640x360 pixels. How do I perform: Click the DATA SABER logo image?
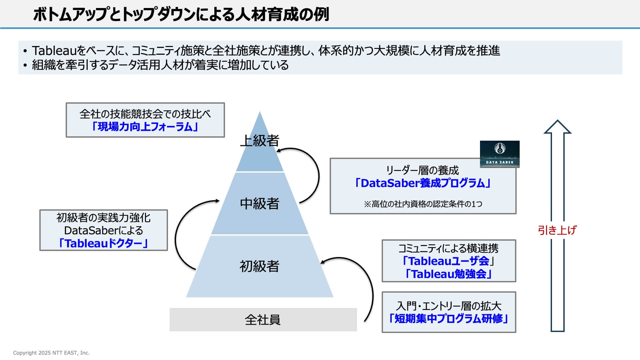[x=499, y=154]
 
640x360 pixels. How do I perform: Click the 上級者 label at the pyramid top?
[x=259, y=141]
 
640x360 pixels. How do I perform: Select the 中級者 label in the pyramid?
[x=259, y=203]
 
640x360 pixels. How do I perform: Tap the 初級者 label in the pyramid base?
[x=259, y=266]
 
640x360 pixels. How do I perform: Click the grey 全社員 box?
[x=263, y=319]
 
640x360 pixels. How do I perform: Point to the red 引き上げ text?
[x=557, y=230]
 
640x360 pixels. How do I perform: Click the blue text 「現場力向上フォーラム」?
[x=145, y=127]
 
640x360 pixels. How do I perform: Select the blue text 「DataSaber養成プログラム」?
[x=423, y=183]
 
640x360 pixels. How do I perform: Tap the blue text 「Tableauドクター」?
[x=103, y=243]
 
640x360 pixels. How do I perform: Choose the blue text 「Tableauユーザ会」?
[x=448, y=261]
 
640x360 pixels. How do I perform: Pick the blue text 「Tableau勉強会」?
[x=448, y=274]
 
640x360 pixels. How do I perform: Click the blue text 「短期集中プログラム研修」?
[x=449, y=318]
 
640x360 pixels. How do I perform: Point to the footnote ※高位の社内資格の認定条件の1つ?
[x=423, y=204]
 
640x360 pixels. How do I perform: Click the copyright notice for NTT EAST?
[x=51, y=353]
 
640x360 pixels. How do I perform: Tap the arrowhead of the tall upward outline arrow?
[x=557, y=127]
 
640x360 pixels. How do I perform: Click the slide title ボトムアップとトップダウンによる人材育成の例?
[x=181, y=15]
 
